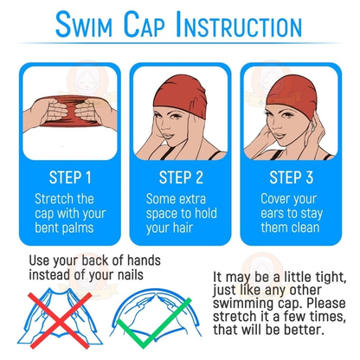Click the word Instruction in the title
(x=246, y=25)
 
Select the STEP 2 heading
(x=180, y=177)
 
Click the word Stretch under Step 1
(x=54, y=199)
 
